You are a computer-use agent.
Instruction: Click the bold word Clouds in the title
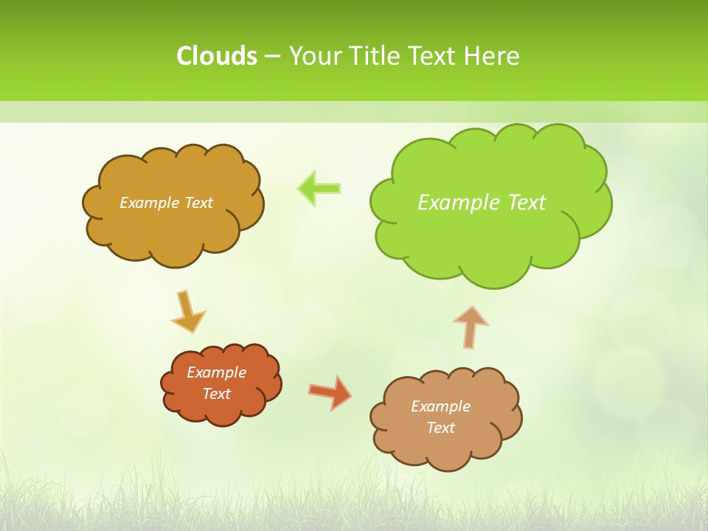click(216, 56)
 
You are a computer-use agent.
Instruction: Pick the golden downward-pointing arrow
click(187, 312)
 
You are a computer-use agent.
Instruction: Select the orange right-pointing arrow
click(330, 392)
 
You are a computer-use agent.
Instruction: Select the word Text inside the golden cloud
click(198, 203)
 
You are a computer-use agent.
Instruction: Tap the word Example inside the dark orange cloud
click(216, 372)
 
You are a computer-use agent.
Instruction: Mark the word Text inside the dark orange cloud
click(216, 394)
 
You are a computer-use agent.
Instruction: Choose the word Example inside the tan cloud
click(440, 406)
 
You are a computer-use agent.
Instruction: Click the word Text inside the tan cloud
click(440, 428)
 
